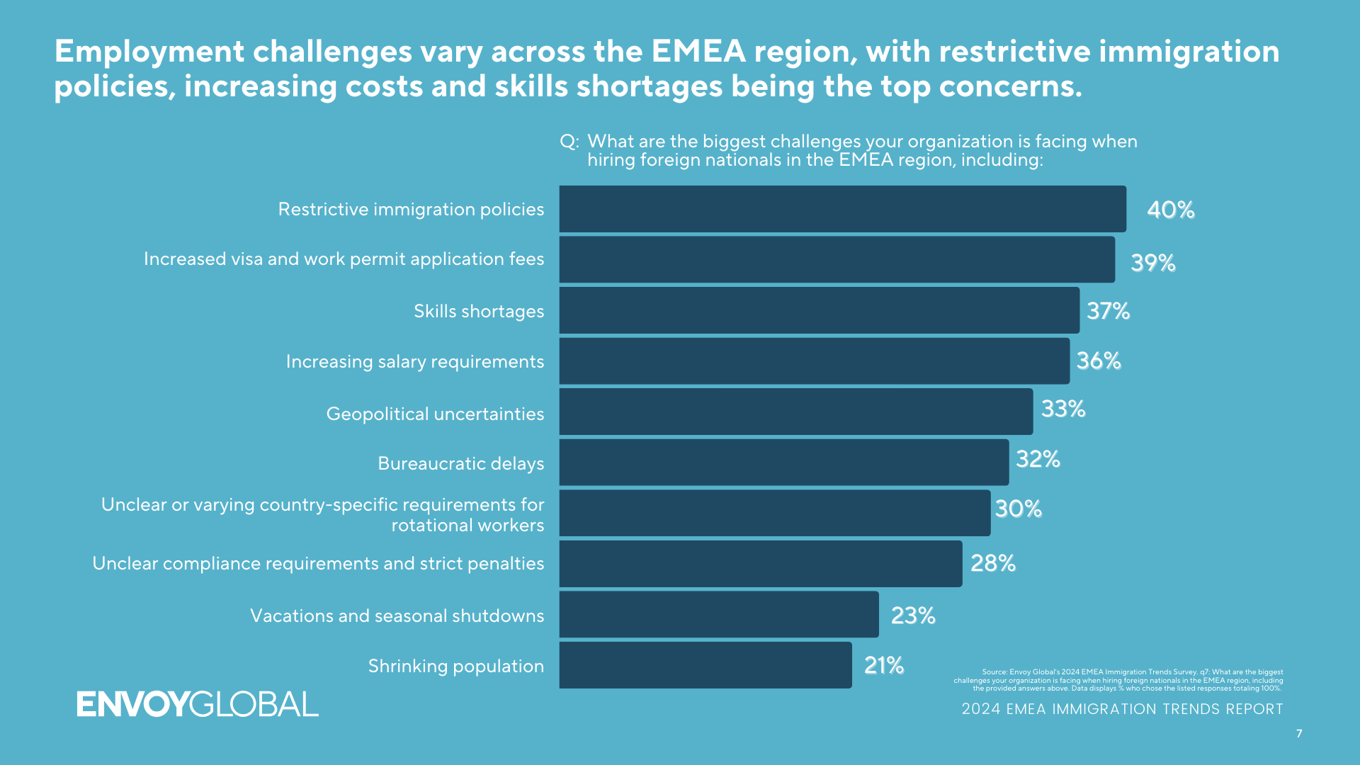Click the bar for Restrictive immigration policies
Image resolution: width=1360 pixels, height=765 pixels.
coord(842,209)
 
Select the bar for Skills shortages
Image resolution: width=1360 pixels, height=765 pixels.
coord(819,310)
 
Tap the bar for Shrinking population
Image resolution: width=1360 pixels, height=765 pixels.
coord(705,665)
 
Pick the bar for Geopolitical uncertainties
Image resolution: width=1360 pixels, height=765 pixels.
coord(795,412)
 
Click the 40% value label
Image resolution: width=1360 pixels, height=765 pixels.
coord(1170,210)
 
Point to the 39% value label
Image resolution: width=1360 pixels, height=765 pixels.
coord(1152,263)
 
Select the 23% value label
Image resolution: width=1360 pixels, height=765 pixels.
coord(912,616)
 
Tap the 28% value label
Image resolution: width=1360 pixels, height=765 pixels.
coord(992,563)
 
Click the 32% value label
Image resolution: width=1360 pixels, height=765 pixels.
coord(1038,459)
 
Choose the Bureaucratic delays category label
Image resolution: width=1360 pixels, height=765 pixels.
coord(460,463)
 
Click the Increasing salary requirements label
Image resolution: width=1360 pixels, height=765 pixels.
coord(414,361)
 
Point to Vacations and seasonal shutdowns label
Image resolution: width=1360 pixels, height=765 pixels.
coord(397,616)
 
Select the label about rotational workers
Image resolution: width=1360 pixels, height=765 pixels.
coord(322,514)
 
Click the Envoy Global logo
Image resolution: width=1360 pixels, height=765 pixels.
coord(198,704)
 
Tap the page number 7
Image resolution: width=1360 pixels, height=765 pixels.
coord(1299,734)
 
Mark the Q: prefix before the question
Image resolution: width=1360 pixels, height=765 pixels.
coord(569,142)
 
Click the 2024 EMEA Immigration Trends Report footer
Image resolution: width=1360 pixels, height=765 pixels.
coord(1122,709)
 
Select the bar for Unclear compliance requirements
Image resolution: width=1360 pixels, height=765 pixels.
coord(760,564)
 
